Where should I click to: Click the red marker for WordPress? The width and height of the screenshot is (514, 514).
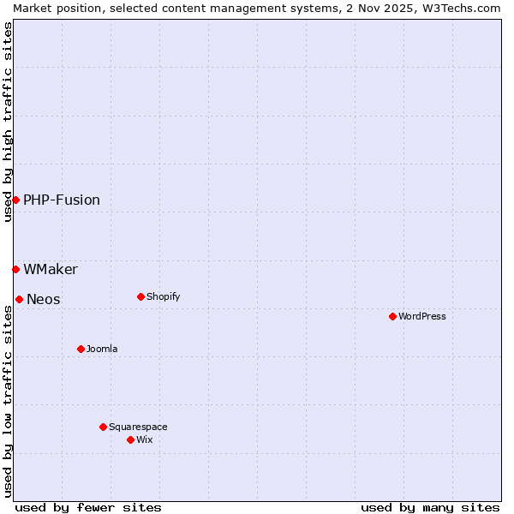pyautogui.click(x=392, y=316)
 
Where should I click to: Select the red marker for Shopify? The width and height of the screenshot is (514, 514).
pyautogui.click(x=140, y=296)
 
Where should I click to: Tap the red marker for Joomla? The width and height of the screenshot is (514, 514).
pyautogui.click(x=81, y=349)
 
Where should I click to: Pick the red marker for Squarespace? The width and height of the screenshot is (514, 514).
pyautogui.click(x=103, y=427)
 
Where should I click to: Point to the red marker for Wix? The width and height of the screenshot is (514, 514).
pyautogui.click(x=130, y=439)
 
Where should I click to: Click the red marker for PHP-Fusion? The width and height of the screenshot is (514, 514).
pyautogui.click(x=15, y=200)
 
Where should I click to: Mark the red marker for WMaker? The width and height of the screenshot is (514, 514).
pyautogui.click(x=15, y=269)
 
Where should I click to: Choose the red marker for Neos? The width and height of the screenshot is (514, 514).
pyautogui.click(x=19, y=299)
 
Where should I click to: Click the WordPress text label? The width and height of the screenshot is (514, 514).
pyautogui.click(x=422, y=316)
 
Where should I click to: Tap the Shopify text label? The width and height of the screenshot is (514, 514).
pyautogui.click(x=163, y=296)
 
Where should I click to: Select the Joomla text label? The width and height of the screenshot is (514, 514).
pyautogui.click(x=102, y=349)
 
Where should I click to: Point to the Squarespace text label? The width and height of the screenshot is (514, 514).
pyautogui.click(x=138, y=427)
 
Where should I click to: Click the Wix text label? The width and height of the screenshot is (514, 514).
pyautogui.click(x=145, y=439)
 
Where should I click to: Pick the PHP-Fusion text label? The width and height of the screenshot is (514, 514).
pyautogui.click(x=62, y=200)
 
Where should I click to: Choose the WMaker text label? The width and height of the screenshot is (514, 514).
pyautogui.click(x=51, y=269)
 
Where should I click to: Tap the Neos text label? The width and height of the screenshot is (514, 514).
pyautogui.click(x=44, y=299)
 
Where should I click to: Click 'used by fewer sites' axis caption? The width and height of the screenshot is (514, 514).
pyautogui.click(x=88, y=507)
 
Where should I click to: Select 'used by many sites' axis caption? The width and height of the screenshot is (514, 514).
pyautogui.click(x=430, y=507)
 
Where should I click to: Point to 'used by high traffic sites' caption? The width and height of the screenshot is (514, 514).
pyautogui.click(x=8, y=122)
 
